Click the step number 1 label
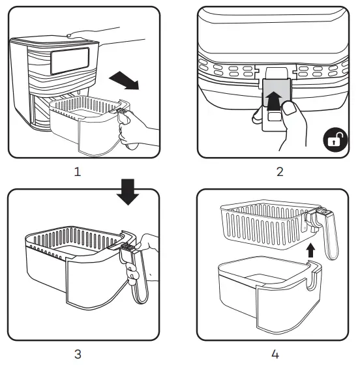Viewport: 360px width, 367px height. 78,173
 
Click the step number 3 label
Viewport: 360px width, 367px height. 78,355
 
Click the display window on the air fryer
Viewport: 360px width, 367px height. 68,60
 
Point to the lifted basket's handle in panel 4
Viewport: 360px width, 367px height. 329,235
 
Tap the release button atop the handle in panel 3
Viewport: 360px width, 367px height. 128,246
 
